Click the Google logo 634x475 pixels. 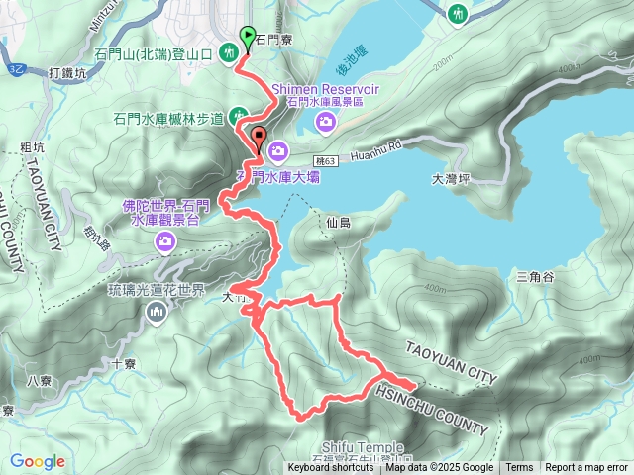pyautogui.click(x=38, y=461)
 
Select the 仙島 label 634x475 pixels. pyautogui.click(x=338, y=224)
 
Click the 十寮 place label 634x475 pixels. pyautogui.click(x=124, y=363)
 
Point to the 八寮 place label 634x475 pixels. pyautogui.click(x=40, y=380)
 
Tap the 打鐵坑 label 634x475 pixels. pyautogui.click(x=68, y=73)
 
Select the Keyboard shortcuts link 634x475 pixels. pyautogui.click(x=331, y=468)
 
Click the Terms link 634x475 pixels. pyautogui.click(x=519, y=468)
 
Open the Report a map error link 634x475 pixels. pyautogui.click(x=586, y=468)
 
